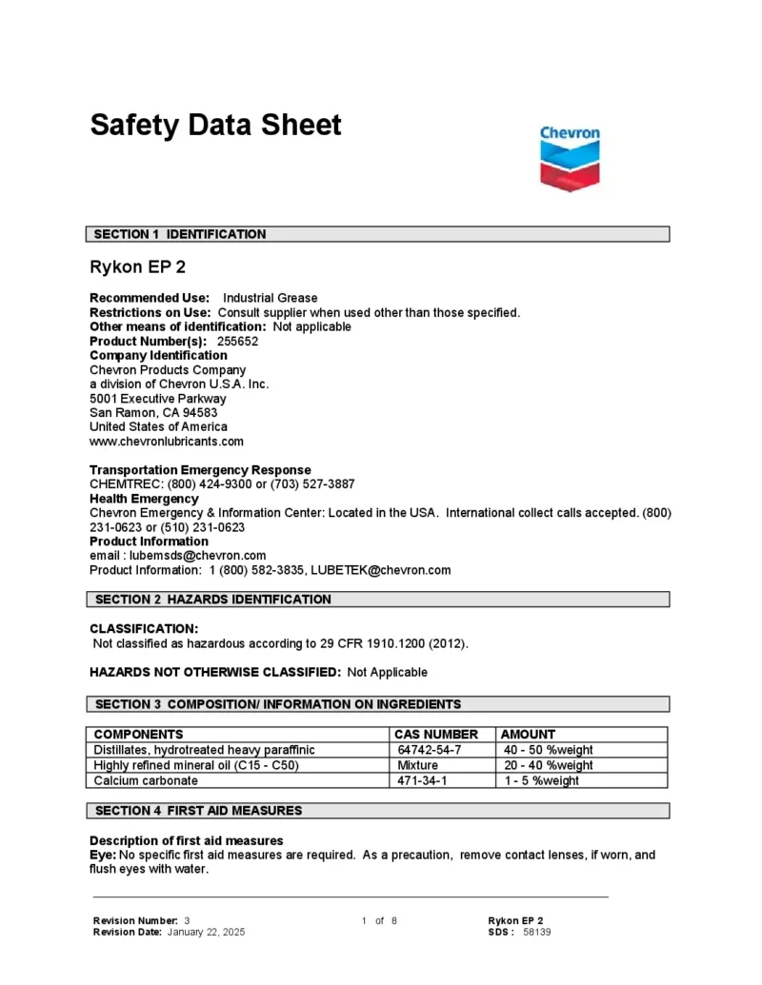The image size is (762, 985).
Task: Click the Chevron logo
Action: pyautogui.click(x=570, y=159)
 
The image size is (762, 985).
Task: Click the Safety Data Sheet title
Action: pyautogui.click(x=215, y=125)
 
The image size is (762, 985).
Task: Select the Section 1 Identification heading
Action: pyautogui.click(x=180, y=234)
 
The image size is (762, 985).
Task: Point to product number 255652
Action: pyautogui.click(x=238, y=341)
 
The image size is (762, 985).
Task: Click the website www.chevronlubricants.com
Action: pyautogui.click(x=167, y=442)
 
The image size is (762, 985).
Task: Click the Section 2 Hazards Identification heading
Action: pyautogui.click(x=212, y=600)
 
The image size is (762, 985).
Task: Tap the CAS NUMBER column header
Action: pyautogui.click(x=436, y=735)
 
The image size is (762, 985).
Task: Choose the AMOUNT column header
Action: pyautogui.click(x=528, y=735)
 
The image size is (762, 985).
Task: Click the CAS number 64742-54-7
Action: pyautogui.click(x=430, y=750)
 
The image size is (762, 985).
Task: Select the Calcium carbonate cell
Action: pyautogui.click(x=146, y=780)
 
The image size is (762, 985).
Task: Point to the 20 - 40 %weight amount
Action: pyautogui.click(x=549, y=765)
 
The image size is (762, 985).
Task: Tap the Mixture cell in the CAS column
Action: pyautogui.click(x=418, y=765)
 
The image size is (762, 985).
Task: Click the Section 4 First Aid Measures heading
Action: pyautogui.click(x=198, y=811)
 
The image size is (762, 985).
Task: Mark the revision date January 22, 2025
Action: pyautogui.click(x=206, y=932)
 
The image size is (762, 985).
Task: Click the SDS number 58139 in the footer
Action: pyautogui.click(x=537, y=932)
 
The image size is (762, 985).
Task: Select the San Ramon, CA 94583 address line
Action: pyautogui.click(x=153, y=413)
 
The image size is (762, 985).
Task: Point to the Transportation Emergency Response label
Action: pyautogui.click(x=200, y=470)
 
